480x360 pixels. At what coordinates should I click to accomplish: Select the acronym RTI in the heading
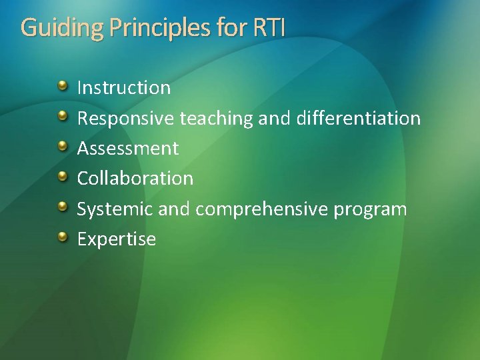[x=269, y=28]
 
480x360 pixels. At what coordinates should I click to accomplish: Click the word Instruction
[x=124, y=87]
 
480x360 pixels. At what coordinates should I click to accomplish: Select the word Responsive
[x=126, y=118]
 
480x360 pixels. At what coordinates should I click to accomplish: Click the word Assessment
[x=128, y=148]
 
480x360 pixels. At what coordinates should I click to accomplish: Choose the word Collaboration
[x=135, y=178]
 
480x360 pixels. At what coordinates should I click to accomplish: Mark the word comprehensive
[x=262, y=209]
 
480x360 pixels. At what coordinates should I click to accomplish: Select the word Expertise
[x=117, y=239]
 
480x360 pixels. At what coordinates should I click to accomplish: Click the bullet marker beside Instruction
[x=62, y=86]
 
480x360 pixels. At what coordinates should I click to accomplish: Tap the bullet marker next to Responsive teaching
[x=62, y=117]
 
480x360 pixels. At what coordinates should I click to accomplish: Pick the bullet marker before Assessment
[x=62, y=147]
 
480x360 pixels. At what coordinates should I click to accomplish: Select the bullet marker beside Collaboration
[x=62, y=177]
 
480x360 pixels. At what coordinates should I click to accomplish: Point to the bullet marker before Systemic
[x=62, y=207]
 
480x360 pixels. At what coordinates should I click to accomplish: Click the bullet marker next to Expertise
[x=62, y=237]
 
